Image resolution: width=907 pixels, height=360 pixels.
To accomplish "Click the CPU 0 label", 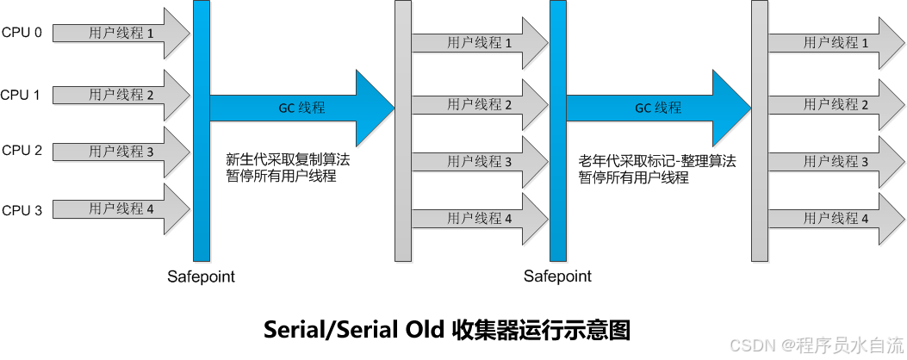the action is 22,33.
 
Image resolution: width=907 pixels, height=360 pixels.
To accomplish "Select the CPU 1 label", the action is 22,95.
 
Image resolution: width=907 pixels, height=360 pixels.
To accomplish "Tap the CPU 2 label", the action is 22,150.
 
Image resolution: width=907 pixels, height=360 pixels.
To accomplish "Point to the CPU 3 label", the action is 22,209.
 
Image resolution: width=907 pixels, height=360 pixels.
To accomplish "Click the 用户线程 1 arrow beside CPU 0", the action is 121,34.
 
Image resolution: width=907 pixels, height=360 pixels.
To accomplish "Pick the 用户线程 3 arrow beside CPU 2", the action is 121,152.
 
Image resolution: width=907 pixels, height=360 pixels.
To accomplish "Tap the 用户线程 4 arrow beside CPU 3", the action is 121,208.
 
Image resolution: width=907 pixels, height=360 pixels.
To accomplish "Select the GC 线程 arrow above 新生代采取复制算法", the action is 301,108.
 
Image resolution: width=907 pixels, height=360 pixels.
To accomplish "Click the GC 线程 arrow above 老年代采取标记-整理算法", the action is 658,108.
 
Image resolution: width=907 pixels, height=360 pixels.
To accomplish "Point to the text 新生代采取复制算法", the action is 288,159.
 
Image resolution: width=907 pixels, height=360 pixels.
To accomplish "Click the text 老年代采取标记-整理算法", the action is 657,160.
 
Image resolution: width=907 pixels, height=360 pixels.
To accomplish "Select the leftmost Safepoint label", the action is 201,276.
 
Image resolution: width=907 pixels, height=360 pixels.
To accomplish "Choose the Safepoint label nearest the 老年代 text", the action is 557,276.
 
